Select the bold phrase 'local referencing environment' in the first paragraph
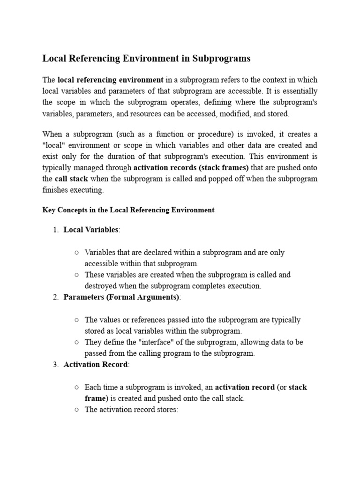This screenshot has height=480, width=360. tap(110, 80)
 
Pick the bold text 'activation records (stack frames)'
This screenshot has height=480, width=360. tap(191, 167)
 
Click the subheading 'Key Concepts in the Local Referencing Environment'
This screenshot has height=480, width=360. tap(128, 210)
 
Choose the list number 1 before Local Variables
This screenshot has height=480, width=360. tap(55, 230)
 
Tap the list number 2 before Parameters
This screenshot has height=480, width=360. tap(55, 297)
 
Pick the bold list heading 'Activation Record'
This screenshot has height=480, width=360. tap(95, 365)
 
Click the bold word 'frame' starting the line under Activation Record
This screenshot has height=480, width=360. tap(95, 398)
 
